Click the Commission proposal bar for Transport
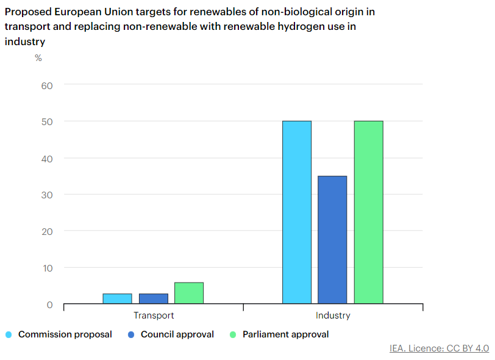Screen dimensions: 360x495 coord(117,298)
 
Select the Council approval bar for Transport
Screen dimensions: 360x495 coord(153,298)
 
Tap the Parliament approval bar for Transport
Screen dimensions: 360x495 coord(189,293)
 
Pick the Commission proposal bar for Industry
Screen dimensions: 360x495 coord(297,212)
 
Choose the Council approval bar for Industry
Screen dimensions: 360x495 coord(332,240)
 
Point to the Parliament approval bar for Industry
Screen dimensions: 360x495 coord(368,212)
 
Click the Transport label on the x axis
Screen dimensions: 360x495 coord(154,315)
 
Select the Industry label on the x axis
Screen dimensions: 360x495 coord(333,315)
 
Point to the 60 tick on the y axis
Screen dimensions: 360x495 coord(48,85)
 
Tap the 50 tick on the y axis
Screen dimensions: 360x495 coord(48,121)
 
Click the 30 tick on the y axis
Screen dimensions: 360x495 coord(48,195)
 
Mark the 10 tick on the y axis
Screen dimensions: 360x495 coord(48,268)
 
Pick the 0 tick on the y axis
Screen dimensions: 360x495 coord(50,304)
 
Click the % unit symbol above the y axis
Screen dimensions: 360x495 coord(38,58)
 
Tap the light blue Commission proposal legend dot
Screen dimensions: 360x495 coord(9,334)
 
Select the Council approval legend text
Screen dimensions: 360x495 coord(177,334)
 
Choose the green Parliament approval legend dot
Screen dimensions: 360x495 coord(232,334)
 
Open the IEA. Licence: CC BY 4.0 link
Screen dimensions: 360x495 coord(439,348)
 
